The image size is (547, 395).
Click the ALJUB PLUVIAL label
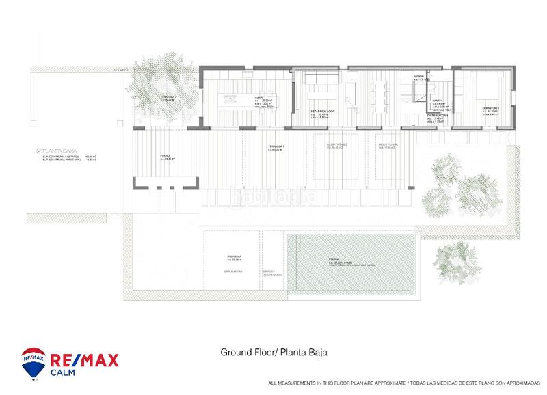click(x=388, y=145)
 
